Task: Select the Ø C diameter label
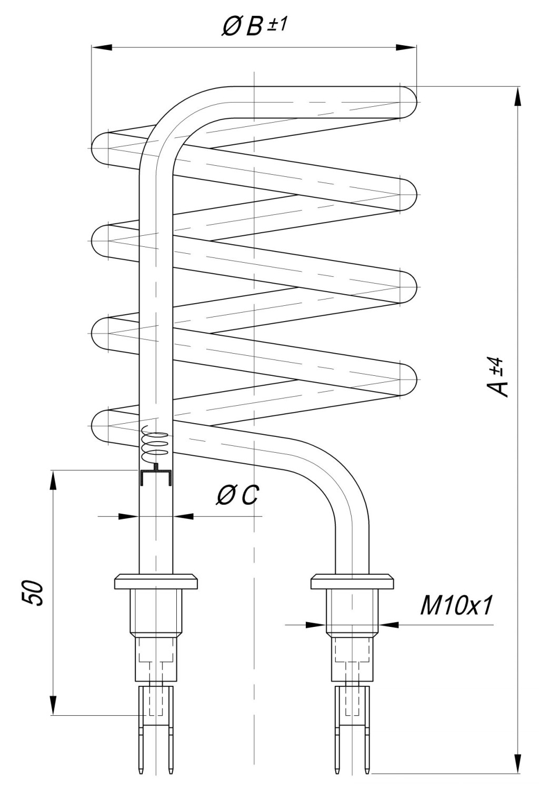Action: coord(238,495)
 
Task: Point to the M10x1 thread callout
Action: coord(456,606)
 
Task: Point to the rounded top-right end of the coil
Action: coord(408,102)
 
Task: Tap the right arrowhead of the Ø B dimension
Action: coord(406,47)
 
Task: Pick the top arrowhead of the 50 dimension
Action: coord(53,481)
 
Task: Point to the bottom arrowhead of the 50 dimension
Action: coord(53,704)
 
